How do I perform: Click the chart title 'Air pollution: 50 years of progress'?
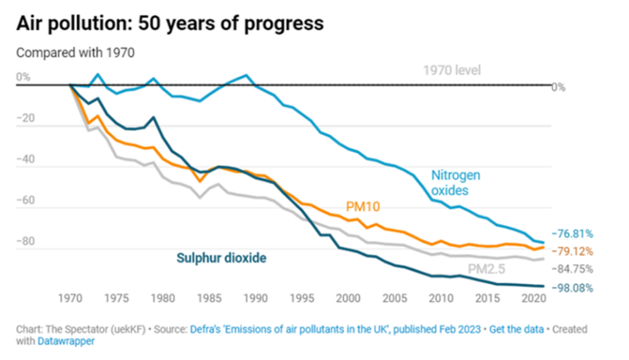170,24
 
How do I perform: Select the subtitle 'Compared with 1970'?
75,53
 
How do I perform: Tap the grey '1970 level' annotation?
452,70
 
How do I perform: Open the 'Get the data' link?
520,329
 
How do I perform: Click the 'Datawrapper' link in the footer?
66,341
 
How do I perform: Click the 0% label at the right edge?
558,87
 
